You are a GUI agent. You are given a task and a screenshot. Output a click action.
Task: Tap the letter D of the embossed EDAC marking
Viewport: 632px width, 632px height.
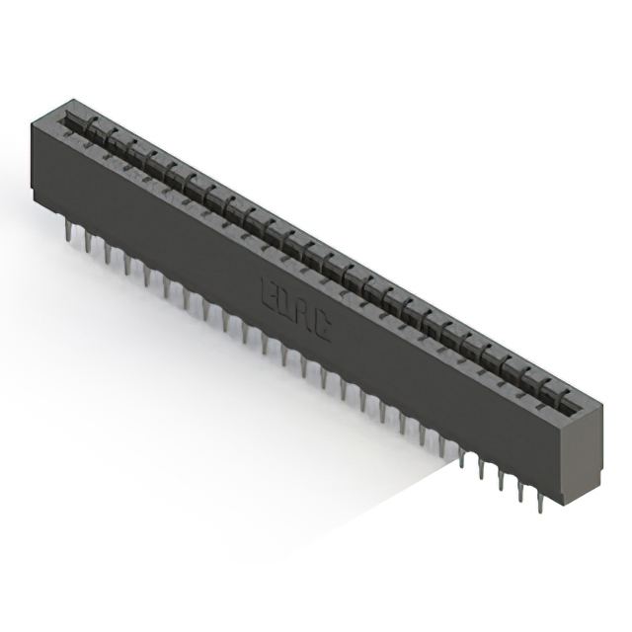(x=284, y=302)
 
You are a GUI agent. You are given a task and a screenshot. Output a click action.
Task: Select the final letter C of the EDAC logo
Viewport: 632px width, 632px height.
(x=321, y=327)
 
